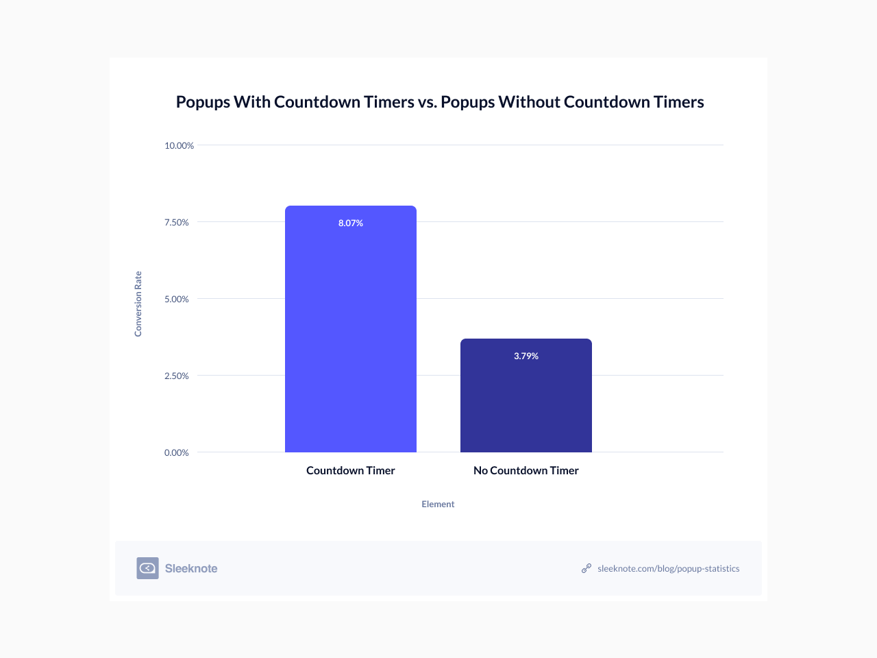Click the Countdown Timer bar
click(x=350, y=336)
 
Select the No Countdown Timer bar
click(x=526, y=404)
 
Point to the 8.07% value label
click(x=351, y=223)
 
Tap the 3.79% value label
click(x=526, y=356)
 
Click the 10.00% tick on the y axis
click(x=179, y=146)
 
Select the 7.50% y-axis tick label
click(x=176, y=223)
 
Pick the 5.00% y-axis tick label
click(x=176, y=300)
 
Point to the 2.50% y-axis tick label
click(x=176, y=376)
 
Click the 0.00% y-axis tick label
click(x=176, y=453)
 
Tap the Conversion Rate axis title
click(x=138, y=304)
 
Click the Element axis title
click(x=438, y=504)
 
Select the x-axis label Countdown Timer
click(x=351, y=471)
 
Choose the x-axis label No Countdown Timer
click(x=526, y=471)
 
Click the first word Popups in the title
click(x=203, y=102)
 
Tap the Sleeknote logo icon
click(x=147, y=568)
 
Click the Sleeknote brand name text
click(x=191, y=569)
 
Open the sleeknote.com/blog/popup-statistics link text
click(x=668, y=569)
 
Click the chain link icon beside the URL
click(x=586, y=568)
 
